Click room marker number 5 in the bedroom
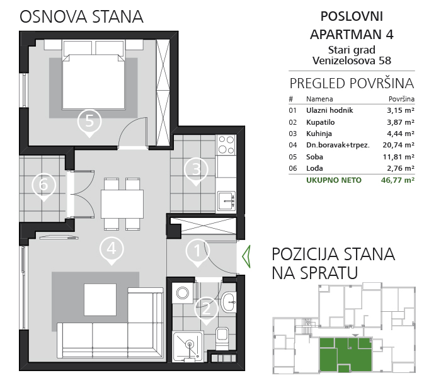89,122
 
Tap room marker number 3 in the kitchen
196,169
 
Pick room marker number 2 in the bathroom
206,309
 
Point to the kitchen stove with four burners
226,144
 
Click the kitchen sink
227,200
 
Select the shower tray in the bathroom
188,346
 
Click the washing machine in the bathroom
183,293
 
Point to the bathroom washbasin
228,302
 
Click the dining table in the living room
122,204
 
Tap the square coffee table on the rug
100,299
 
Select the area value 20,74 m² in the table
398,145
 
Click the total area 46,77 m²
398,180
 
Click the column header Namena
319,99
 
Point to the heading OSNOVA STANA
81,16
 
